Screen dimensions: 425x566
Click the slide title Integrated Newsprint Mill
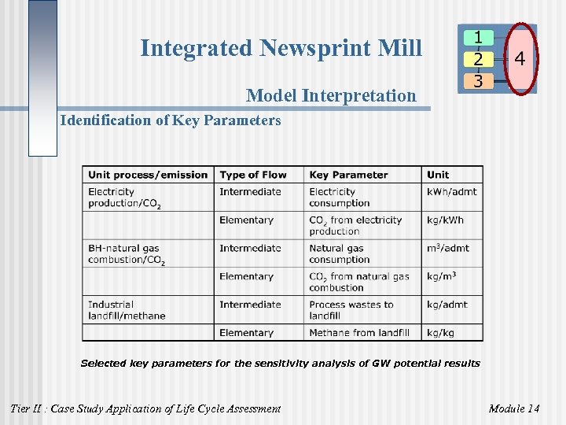[x=281, y=49]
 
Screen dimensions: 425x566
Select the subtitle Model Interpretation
[x=331, y=96]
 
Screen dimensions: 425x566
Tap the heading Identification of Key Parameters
[x=171, y=120]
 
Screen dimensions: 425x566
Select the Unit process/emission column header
[x=148, y=175]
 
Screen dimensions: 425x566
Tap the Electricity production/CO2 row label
[x=125, y=198]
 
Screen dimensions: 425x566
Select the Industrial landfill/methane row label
[x=127, y=310]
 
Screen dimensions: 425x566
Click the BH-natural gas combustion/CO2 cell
[x=127, y=254]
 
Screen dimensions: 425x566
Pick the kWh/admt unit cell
[x=447, y=192]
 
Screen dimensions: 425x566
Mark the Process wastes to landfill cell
[x=351, y=310]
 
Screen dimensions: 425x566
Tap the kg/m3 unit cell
[x=442, y=277]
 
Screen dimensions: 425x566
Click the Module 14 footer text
[x=514, y=408]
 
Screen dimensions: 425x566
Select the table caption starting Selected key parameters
[x=280, y=364]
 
